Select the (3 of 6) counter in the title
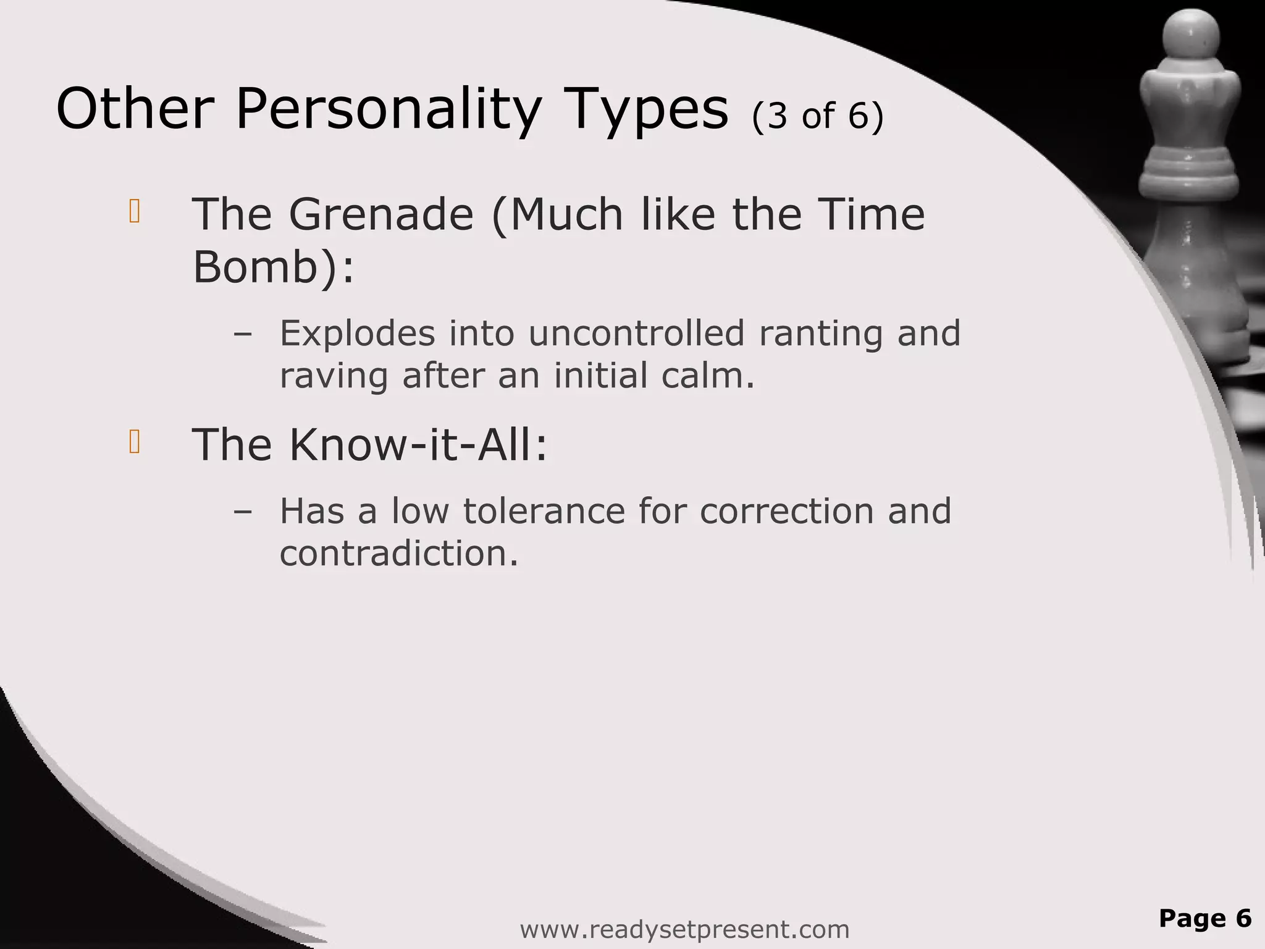point(818,116)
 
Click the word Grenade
point(381,215)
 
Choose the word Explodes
point(358,334)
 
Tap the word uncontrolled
point(636,334)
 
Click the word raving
point(334,376)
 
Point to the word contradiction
point(398,554)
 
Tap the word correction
point(786,512)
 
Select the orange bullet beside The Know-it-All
point(135,442)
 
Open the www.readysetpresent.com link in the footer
point(684,929)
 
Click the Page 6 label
point(1204,918)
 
